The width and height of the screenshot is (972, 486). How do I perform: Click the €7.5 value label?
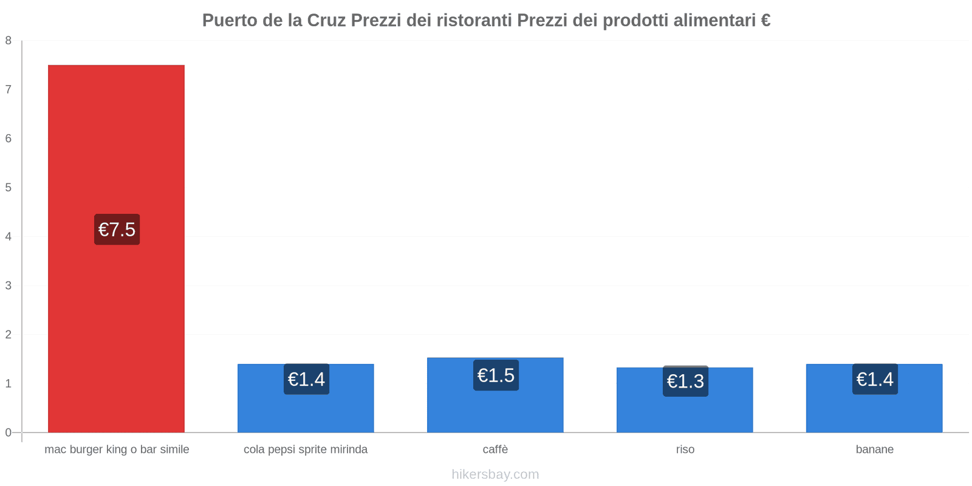coord(117,230)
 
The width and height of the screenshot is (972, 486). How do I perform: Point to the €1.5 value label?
coord(496,375)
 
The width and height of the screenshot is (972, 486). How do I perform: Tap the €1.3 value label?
coord(685,381)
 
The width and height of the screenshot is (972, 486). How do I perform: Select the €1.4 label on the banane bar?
coord(875,379)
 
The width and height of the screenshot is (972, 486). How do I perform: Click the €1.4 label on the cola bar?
coord(306,379)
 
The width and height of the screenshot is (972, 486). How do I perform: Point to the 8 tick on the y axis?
coord(9,41)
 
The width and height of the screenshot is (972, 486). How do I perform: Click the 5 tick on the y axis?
coord(9,188)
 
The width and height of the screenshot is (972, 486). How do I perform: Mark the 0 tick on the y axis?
coord(9,433)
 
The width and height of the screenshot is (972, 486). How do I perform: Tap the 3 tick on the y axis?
coord(9,286)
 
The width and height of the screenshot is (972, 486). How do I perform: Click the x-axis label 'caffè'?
coord(495,450)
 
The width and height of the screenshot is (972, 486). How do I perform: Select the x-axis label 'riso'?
coord(685,450)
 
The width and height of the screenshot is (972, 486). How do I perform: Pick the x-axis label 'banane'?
coord(874,450)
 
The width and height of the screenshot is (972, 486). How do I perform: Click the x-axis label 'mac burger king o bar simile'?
coord(117,450)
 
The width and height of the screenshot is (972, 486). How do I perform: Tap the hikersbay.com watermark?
coord(495,474)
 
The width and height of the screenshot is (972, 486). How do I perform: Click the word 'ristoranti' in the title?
coord(474,21)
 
